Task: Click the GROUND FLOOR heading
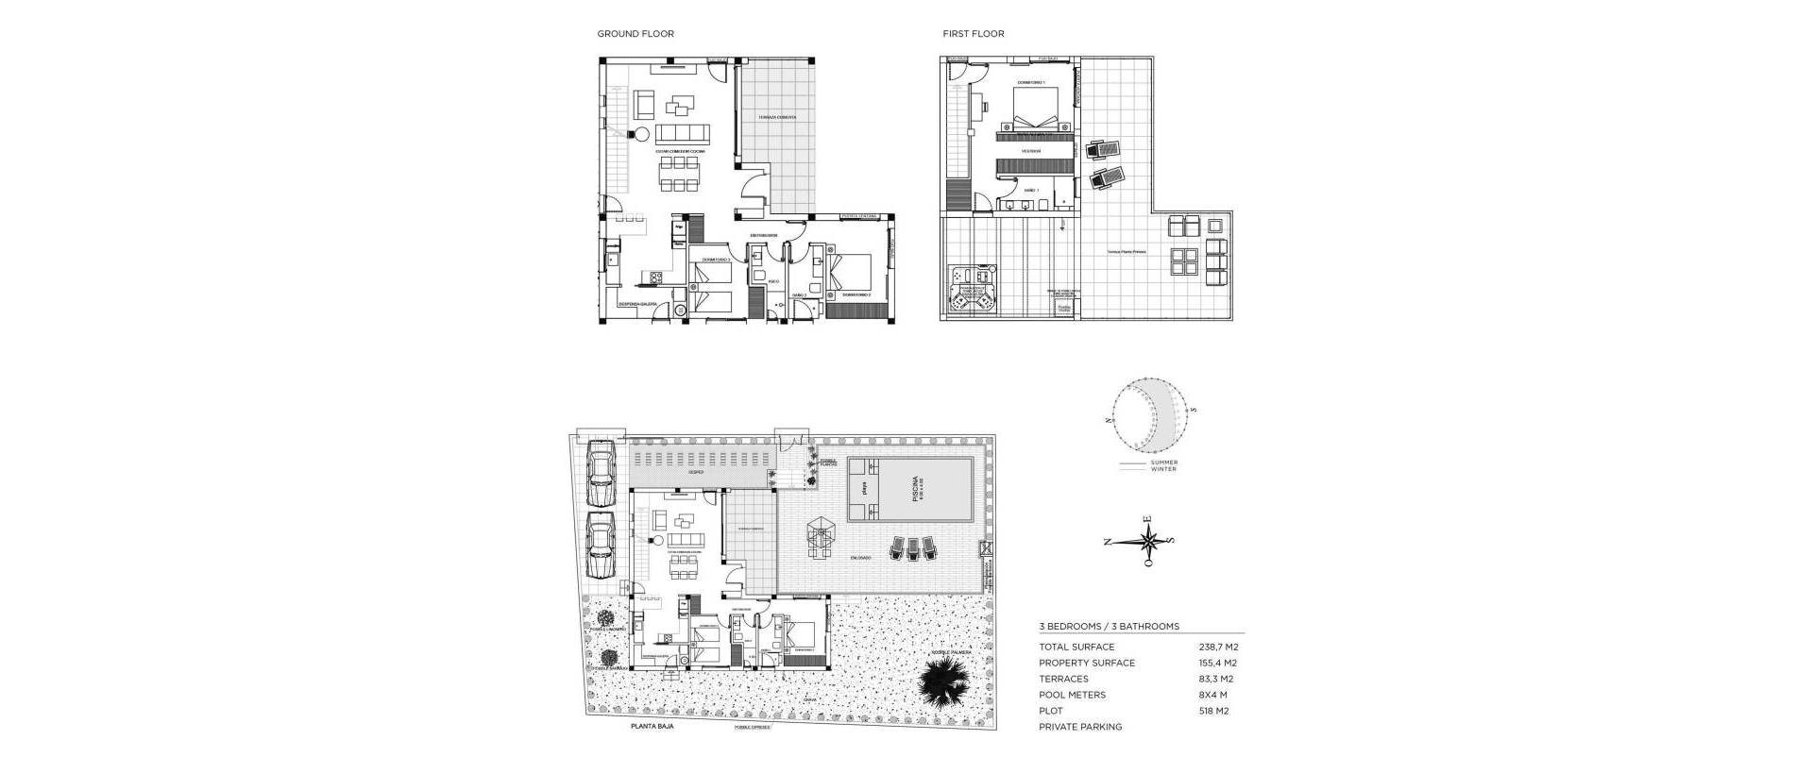click(635, 34)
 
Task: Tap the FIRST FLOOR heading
click(973, 34)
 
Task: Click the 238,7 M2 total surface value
click(1218, 648)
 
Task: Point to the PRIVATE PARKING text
click(1080, 728)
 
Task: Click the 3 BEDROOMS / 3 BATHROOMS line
click(1109, 627)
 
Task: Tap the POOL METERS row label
click(1072, 696)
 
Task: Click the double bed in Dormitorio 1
click(1037, 119)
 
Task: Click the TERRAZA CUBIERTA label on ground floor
click(777, 118)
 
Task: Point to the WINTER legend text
click(1163, 470)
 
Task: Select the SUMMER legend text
click(1163, 463)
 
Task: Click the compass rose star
click(1147, 542)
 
